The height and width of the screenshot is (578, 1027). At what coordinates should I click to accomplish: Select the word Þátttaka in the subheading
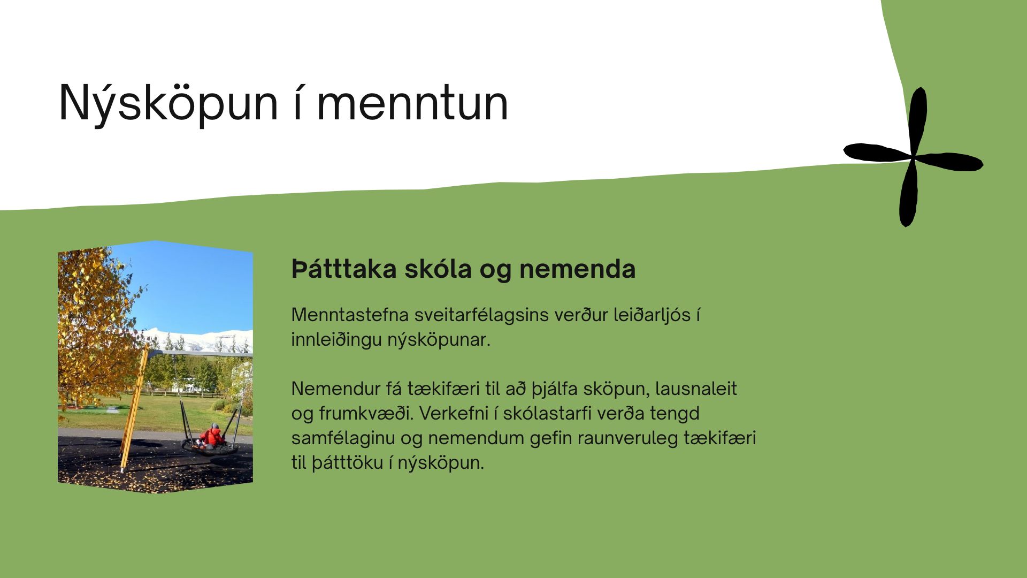(344, 269)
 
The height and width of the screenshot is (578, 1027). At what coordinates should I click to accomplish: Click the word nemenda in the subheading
(577, 269)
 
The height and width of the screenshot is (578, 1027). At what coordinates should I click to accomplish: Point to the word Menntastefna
(349, 315)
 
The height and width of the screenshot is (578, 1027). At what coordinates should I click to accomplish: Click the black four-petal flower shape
(913, 157)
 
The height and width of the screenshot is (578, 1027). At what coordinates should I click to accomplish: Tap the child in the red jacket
(211, 437)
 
